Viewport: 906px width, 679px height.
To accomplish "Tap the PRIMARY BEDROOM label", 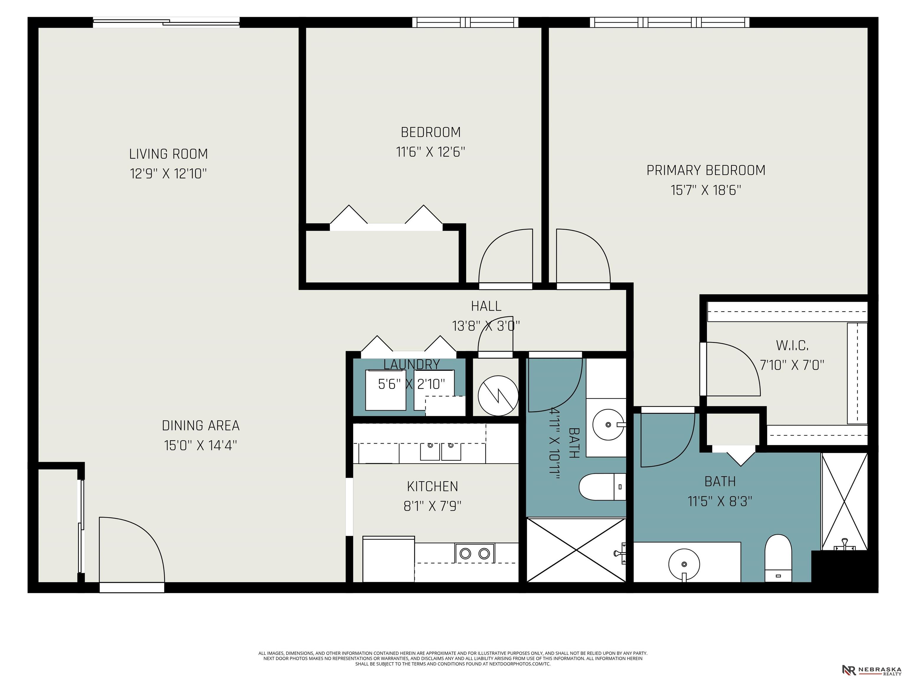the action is pos(706,170).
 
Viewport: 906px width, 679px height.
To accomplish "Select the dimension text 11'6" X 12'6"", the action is pos(431,152).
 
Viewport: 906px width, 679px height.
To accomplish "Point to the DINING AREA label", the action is pos(201,426).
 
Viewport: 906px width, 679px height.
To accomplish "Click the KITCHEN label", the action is pos(433,486).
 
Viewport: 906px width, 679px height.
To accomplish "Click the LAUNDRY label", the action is pos(412,364).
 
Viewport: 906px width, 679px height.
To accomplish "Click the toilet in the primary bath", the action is pos(778,558).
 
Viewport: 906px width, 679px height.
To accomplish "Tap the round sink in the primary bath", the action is pos(684,564).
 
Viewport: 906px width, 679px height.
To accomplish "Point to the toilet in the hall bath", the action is pos(603,487).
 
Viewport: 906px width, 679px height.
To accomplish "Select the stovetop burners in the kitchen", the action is pos(475,553).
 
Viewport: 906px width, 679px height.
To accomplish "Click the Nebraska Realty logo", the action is pos(871,670).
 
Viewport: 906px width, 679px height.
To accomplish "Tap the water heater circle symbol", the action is pos(498,395).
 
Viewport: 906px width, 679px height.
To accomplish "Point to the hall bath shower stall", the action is pos(576,550).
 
